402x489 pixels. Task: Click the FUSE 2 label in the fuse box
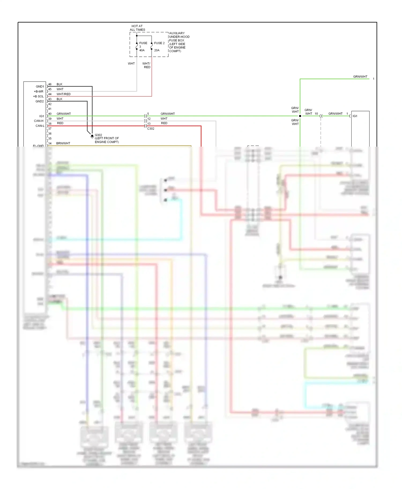point(159,43)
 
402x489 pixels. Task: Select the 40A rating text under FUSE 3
point(142,50)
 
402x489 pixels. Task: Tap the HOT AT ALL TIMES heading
point(137,28)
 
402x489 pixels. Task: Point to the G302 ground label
point(98,135)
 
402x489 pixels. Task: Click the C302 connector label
point(151,129)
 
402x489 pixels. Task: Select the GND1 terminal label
point(40,86)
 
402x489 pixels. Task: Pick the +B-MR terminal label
point(39,91)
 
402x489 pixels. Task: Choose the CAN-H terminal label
point(39,121)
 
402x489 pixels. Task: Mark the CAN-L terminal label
point(40,126)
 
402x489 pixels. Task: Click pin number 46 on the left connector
point(50,84)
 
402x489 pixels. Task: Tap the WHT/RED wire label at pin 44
point(64,94)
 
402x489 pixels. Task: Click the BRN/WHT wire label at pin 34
point(63,143)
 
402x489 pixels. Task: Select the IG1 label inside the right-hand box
point(355,116)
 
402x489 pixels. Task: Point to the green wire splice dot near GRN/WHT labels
point(300,116)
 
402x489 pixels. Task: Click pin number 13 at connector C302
point(149,124)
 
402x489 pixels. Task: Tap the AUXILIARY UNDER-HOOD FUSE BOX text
point(179,42)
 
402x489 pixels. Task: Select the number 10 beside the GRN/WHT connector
point(316,114)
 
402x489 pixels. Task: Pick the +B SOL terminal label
point(38,96)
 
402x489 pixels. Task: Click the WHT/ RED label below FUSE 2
point(147,65)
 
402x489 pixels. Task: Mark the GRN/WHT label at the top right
point(360,77)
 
